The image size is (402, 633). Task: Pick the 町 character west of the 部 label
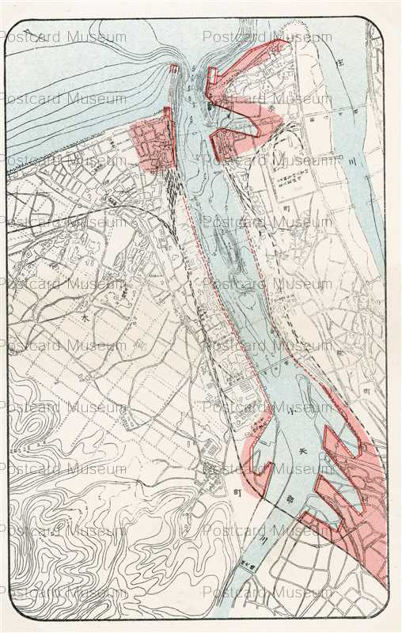pyautogui.click(x=237, y=491)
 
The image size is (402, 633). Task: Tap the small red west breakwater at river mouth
pyautogui.click(x=173, y=71)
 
